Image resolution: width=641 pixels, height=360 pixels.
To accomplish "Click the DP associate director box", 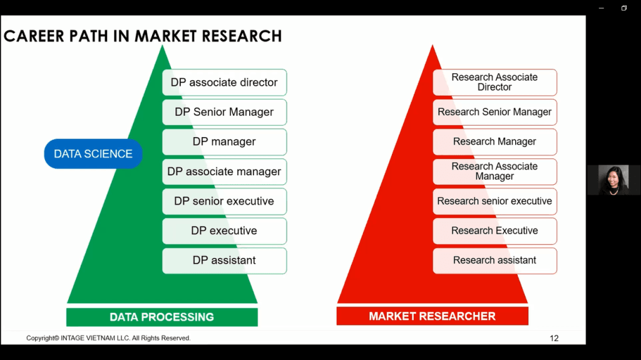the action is (225, 82).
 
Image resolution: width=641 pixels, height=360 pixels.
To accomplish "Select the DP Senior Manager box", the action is (225, 112).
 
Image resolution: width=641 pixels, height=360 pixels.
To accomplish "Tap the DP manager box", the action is (225, 141).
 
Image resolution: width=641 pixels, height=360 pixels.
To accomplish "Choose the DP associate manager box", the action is (225, 172).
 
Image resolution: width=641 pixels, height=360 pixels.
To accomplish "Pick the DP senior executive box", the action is (225, 201).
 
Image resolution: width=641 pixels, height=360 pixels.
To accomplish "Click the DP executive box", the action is (225, 231).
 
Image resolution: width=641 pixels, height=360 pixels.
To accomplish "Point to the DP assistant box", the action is (225, 260).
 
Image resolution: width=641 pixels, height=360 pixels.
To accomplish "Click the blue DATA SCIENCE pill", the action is (93, 154).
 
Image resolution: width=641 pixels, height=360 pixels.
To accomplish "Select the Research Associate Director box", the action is (495, 82).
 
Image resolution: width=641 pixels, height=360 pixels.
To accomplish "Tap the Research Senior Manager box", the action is (495, 112).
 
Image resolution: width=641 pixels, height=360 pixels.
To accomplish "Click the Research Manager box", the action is (495, 141).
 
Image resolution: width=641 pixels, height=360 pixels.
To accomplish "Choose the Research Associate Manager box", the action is (495, 172).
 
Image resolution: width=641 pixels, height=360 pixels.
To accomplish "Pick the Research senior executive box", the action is (495, 201).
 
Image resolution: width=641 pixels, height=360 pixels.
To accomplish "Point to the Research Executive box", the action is (495, 231).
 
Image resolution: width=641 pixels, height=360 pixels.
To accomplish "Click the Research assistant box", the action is (495, 260).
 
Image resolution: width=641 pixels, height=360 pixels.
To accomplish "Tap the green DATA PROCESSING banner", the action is (162, 317).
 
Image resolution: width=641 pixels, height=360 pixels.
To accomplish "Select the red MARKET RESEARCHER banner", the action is (432, 316).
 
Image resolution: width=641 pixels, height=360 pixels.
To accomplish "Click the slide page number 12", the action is (554, 338).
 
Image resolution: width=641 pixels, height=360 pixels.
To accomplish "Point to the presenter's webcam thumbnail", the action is (613, 180).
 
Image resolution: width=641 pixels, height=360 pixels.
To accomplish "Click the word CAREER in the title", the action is (34, 36).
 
